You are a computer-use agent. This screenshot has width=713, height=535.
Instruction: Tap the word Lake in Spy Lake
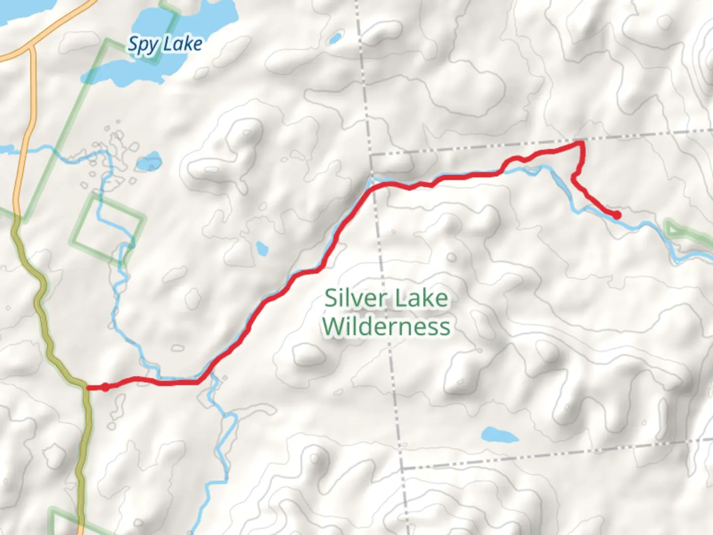183,44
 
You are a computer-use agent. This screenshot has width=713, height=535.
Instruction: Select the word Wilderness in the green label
386,326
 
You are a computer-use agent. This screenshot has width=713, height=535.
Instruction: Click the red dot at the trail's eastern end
617,215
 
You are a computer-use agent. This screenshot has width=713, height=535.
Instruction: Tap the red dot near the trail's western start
105,387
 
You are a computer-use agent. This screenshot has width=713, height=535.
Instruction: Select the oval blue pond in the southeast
499,435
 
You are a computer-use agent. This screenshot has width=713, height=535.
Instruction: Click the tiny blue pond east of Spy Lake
336,38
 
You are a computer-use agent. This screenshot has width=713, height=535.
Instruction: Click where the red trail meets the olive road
87,387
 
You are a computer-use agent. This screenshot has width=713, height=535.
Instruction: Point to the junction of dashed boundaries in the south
402,468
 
